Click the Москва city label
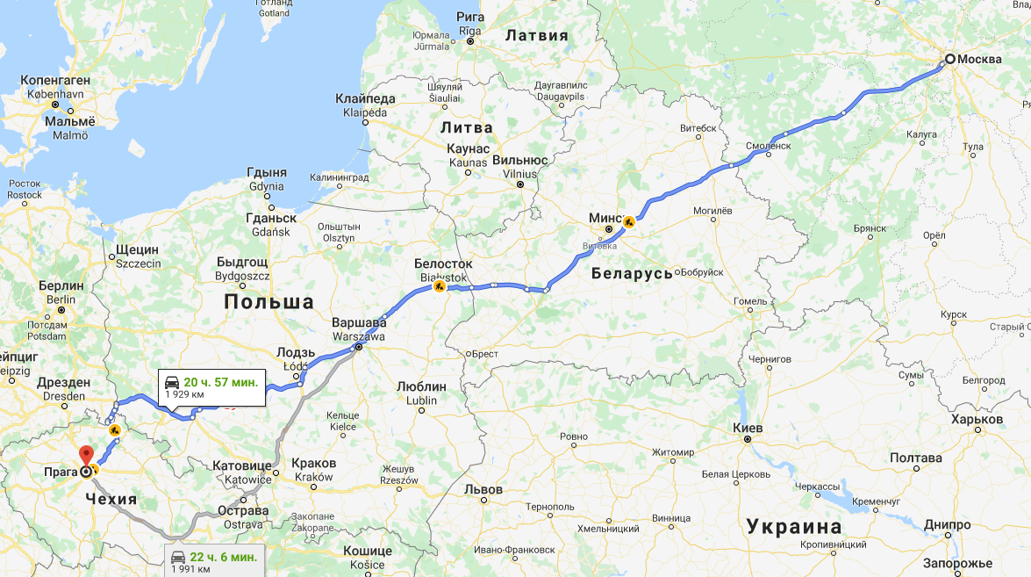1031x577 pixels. click(x=979, y=60)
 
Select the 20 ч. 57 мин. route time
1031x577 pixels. click(x=220, y=382)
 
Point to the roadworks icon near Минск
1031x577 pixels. click(x=628, y=220)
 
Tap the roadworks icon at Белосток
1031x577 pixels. click(x=439, y=285)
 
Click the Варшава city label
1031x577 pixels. click(x=360, y=322)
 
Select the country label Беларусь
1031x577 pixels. click(x=632, y=273)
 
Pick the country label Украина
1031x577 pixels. click(x=793, y=527)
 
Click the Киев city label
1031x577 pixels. click(x=748, y=428)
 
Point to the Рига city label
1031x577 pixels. click(x=470, y=17)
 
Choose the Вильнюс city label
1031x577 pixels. click(x=520, y=161)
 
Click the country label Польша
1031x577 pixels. click(x=268, y=302)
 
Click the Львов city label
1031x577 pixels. click(x=483, y=489)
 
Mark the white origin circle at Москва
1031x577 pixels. click(x=949, y=60)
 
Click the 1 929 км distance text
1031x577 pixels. click(x=185, y=395)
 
